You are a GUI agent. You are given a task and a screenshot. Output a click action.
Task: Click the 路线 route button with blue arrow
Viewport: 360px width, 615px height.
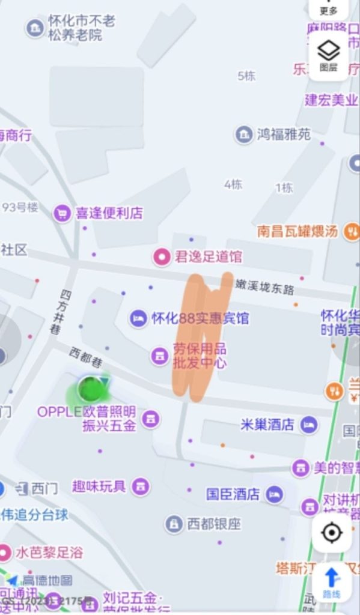(x=331, y=582)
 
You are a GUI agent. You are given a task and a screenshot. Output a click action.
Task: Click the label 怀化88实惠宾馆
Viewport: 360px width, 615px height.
(x=200, y=318)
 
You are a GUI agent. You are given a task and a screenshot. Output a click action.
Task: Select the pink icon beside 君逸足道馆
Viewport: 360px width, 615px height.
(x=160, y=257)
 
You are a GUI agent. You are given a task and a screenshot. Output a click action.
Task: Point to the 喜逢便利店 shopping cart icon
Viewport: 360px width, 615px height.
(x=62, y=213)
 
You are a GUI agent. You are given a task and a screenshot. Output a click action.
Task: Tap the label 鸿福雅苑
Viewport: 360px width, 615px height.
(x=284, y=134)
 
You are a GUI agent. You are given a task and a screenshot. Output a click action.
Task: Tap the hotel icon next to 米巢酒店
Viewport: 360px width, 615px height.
(x=309, y=425)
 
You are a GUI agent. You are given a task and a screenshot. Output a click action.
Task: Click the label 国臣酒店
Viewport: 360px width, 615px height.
(x=233, y=494)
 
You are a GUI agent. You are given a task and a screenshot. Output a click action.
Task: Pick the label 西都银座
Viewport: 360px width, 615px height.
(x=213, y=524)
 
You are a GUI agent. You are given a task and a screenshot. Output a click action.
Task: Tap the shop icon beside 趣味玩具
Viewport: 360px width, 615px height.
(x=141, y=486)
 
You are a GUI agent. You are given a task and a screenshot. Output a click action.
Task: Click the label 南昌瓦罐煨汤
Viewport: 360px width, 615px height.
(x=297, y=231)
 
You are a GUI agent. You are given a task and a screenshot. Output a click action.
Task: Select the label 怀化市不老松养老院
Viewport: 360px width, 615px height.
(x=82, y=28)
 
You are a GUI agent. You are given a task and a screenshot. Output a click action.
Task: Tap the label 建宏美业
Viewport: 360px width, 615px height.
(x=331, y=100)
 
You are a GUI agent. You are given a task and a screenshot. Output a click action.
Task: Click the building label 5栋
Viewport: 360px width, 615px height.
(x=246, y=76)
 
